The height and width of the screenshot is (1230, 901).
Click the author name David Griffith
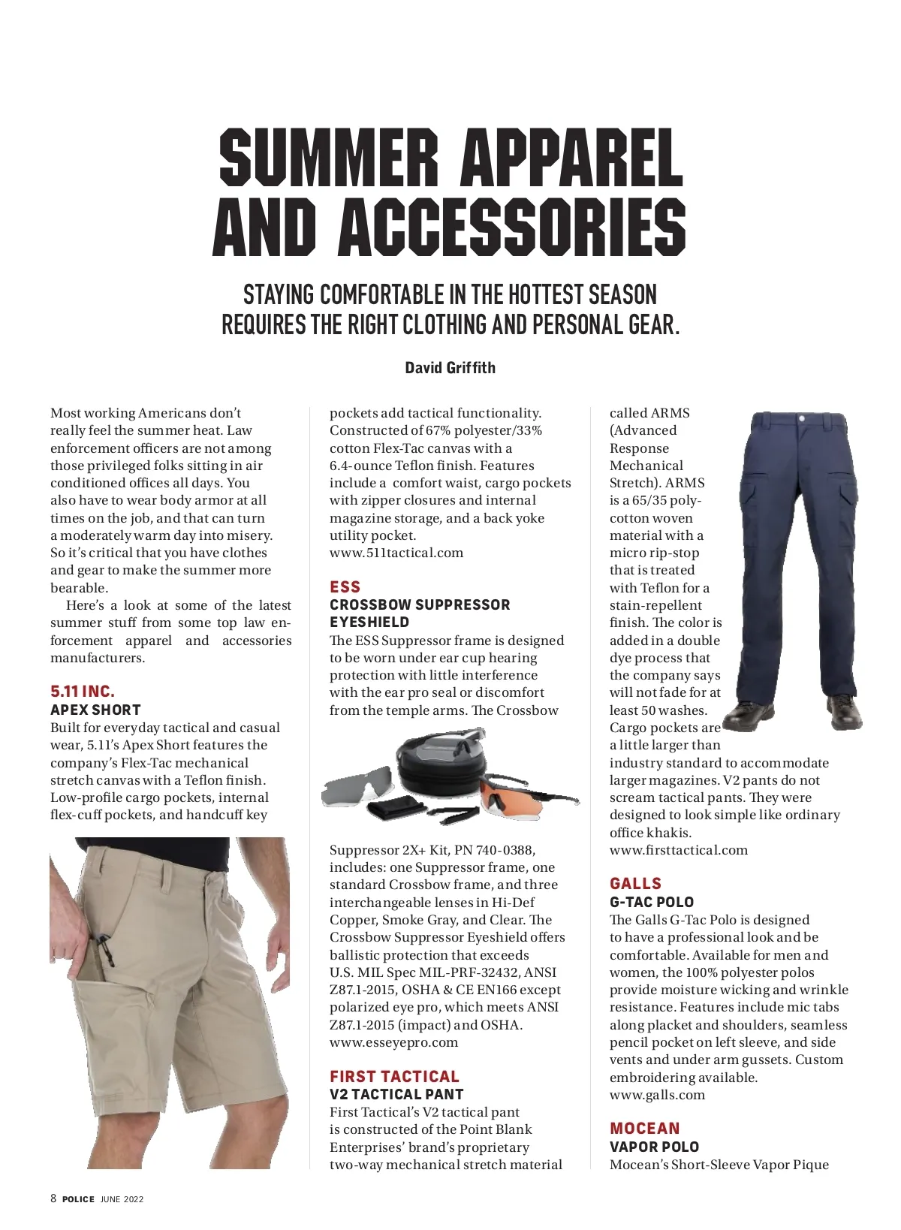click(450, 367)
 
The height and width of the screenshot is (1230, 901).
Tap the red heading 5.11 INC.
click(83, 691)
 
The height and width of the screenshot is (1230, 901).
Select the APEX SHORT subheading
click(95, 710)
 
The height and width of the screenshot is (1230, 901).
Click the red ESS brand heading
click(345, 586)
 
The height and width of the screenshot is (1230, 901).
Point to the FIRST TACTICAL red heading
click(394, 1076)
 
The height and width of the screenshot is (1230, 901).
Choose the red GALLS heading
click(635, 883)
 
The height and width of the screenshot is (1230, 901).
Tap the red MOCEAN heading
click(644, 1128)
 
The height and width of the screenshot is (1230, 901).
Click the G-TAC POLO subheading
click(651, 902)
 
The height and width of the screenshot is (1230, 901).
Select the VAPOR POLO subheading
click(654, 1147)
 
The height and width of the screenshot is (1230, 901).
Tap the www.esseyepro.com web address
click(393, 1042)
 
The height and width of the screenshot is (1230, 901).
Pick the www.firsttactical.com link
click(678, 850)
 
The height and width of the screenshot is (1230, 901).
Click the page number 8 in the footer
click(53, 1198)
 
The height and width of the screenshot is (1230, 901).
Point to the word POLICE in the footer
click(78, 1199)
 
